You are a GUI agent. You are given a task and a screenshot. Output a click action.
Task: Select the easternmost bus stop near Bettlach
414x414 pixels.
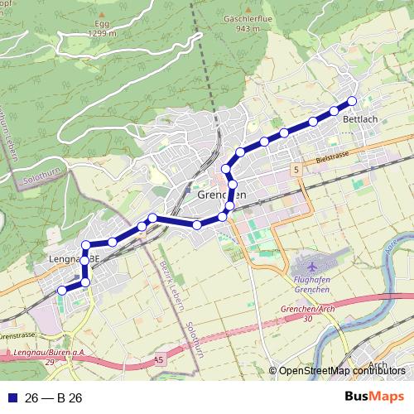coord(352,101)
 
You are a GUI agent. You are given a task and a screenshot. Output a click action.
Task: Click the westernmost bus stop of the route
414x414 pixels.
coord(60,291)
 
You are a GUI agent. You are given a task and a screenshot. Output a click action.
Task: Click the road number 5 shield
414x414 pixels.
coord(295,169)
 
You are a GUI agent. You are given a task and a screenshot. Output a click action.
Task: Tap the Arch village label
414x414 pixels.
coord(378,364)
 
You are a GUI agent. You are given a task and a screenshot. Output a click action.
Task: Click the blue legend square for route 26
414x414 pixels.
coord(10,398)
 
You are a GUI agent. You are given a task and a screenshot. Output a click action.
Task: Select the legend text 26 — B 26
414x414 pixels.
coord(55,398)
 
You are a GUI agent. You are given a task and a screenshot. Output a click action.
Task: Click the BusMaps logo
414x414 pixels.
coord(373,397)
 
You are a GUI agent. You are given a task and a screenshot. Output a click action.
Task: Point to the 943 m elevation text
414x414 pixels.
coord(244,28)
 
